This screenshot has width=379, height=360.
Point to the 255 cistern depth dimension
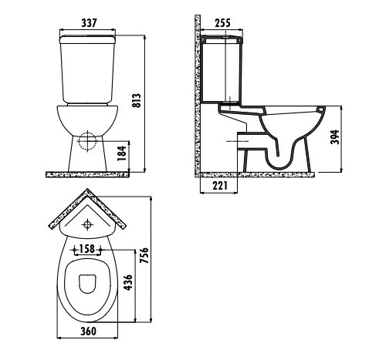[x=224, y=22]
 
